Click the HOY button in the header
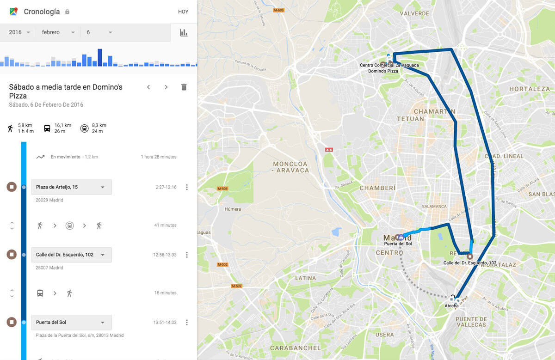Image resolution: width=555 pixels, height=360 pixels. pyautogui.click(x=183, y=12)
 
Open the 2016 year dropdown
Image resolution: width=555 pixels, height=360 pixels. pyautogui.click(x=19, y=32)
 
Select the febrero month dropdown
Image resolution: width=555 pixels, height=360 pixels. pyautogui.click(x=58, y=32)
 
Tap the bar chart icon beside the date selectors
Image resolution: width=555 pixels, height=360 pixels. pyautogui.click(x=184, y=33)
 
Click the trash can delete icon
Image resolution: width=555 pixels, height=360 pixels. pyautogui.click(x=184, y=87)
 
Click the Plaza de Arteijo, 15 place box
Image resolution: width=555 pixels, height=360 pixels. pyautogui.click(x=71, y=187)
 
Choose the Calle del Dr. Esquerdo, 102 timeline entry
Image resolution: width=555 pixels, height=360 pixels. pyautogui.click(x=71, y=255)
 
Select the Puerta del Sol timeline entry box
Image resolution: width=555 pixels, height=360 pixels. pyautogui.click(x=71, y=323)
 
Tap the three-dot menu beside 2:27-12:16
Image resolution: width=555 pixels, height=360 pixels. pyautogui.click(x=187, y=187)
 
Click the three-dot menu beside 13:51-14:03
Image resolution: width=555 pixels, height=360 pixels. pyautogui.click(x=187, y=323)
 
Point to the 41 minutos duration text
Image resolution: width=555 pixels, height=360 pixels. pyautogui.click(x=165, y=226)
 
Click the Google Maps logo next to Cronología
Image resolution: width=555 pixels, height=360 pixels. pyautogui.click(x=13, y=12)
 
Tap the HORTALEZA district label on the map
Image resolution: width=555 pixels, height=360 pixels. pyautogui.click(x=529, y=89)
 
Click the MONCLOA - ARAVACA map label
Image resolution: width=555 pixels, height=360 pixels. pyautogui.click(x=290, y=167)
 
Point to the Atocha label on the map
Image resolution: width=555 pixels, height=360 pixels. pyautogui.click(x=451, y=306)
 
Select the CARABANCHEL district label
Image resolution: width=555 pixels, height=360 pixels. pyautogui.click(x=295, y=348)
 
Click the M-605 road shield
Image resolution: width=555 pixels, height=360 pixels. pyautogui.click(x=278, y=10)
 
